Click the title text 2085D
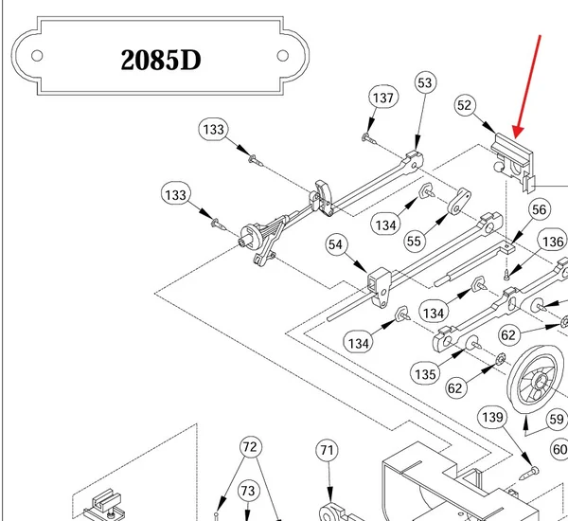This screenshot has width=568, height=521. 161,60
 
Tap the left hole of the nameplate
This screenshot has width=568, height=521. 37,56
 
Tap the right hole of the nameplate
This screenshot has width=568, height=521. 282,56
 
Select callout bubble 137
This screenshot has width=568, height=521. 383,98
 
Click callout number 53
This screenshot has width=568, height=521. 425,82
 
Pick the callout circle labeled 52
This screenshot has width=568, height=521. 465,105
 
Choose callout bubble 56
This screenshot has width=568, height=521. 539,209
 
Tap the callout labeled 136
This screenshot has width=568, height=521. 553,242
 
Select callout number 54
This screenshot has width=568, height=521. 335,244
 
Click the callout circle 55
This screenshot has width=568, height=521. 414,241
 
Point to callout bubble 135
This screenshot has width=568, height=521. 425,374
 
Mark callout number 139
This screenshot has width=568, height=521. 492,417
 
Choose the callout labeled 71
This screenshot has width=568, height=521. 327,450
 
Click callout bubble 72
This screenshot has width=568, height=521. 250,447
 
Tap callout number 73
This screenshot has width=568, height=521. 248,491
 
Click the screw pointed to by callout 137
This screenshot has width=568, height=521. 368,138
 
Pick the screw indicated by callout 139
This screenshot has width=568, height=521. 529,473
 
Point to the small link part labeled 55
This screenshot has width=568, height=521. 459,201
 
